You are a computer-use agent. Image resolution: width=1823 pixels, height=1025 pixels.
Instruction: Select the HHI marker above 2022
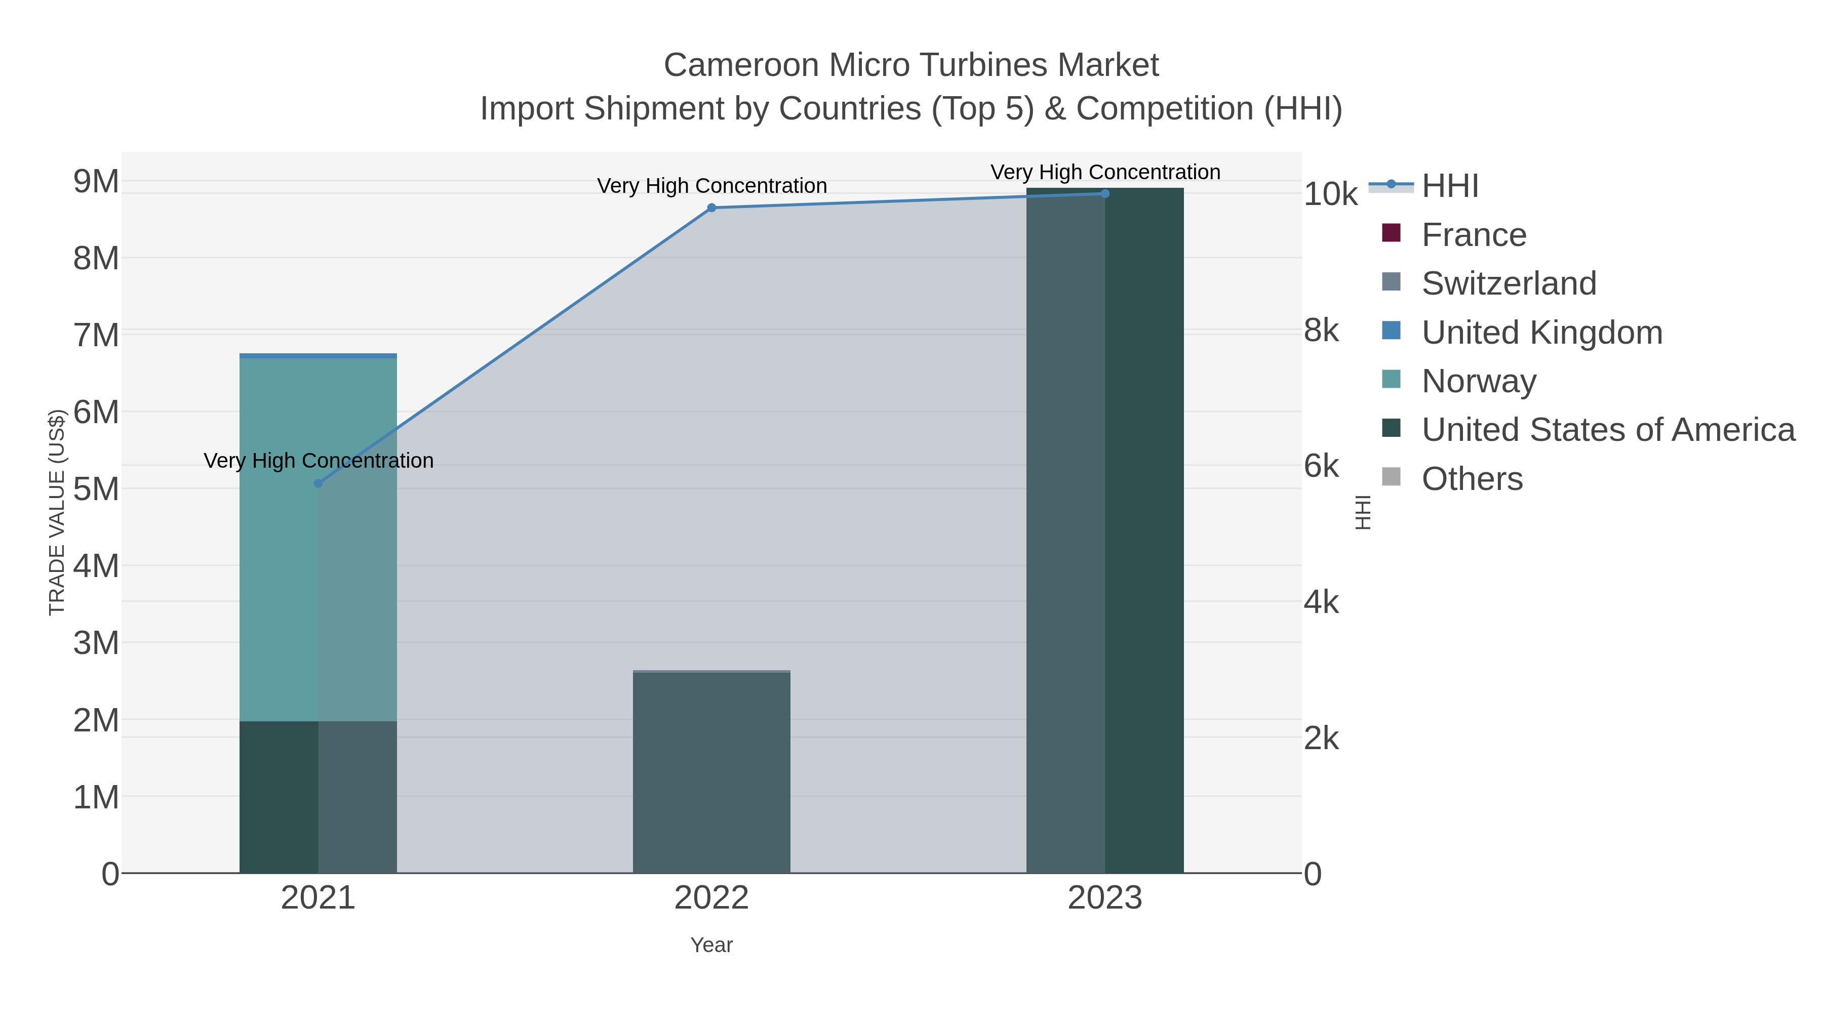click(x=711, y=208)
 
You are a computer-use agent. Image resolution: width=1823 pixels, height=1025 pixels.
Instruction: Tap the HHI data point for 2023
click(x=1105, y=194)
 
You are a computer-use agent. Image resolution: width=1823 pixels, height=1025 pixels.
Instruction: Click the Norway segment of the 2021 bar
click(x=280, y=538)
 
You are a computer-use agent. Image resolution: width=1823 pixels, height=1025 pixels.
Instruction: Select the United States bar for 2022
click(x=711, y=771)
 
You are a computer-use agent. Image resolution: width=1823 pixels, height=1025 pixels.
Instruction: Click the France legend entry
click(x=1474, y=235)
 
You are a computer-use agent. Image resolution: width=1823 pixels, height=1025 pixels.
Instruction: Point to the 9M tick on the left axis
click(x=96, y=182)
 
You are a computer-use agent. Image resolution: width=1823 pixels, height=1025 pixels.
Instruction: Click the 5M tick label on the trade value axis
click(x=96, y=489)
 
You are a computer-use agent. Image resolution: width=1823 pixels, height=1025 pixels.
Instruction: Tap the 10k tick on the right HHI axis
click(x=1330, y=194)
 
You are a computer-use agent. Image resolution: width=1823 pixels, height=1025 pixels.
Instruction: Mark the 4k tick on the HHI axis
click(x=1321, y=603)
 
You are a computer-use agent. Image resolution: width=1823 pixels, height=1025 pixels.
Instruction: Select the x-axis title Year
click(x=711, y=945)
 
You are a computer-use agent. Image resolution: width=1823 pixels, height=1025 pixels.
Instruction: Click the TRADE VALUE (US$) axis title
click(x=57, y=512)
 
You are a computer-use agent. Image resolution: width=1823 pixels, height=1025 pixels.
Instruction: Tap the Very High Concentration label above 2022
click(x=711, y=186)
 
